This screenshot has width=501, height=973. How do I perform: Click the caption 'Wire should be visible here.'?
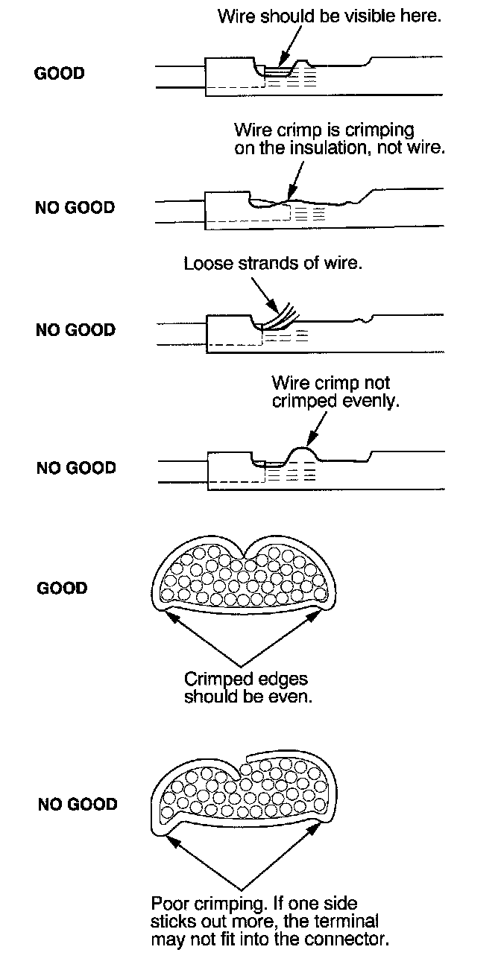329,16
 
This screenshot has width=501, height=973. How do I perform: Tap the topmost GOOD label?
60,74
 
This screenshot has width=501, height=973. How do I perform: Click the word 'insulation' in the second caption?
353,148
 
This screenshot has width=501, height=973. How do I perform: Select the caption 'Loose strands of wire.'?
273,264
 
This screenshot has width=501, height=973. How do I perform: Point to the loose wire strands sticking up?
279,313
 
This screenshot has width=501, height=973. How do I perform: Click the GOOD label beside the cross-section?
62,588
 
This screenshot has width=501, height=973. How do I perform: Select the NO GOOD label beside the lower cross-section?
78,805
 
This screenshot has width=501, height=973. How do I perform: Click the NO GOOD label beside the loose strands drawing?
75,329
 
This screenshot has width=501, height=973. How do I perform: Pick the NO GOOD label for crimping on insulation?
75,208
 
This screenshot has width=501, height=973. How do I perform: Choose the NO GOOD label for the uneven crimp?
76,468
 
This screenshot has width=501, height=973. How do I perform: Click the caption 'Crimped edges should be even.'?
245,688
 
